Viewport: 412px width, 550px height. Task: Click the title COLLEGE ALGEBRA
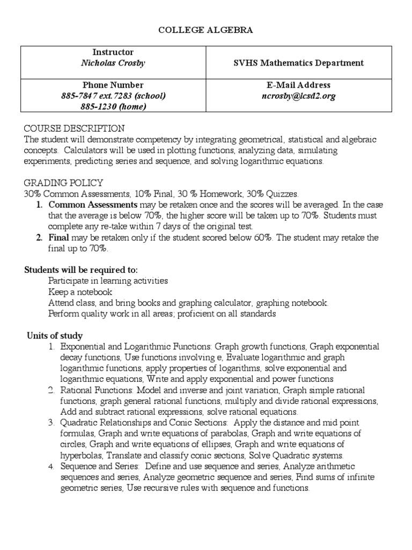click(x=205, y=31)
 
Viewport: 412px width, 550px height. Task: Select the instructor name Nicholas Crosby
click(x=113, y=63)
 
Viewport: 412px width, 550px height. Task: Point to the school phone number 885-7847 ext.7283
click(x=113, y=96)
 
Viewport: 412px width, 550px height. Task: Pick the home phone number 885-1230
click(x=113, y=106)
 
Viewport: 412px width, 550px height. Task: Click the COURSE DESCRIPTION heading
click(x=74, y=129)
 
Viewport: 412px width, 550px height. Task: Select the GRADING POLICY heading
click(x=63, y=183)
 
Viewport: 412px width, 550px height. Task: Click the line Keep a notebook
click(x=80, y=292)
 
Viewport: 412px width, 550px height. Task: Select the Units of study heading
click(x=55, y=336)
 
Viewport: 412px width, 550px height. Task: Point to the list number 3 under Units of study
click(x=51, y=423)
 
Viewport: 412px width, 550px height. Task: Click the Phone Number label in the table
click(x=113, y=85)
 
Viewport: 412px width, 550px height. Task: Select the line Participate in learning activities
click(x=108, y=281)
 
